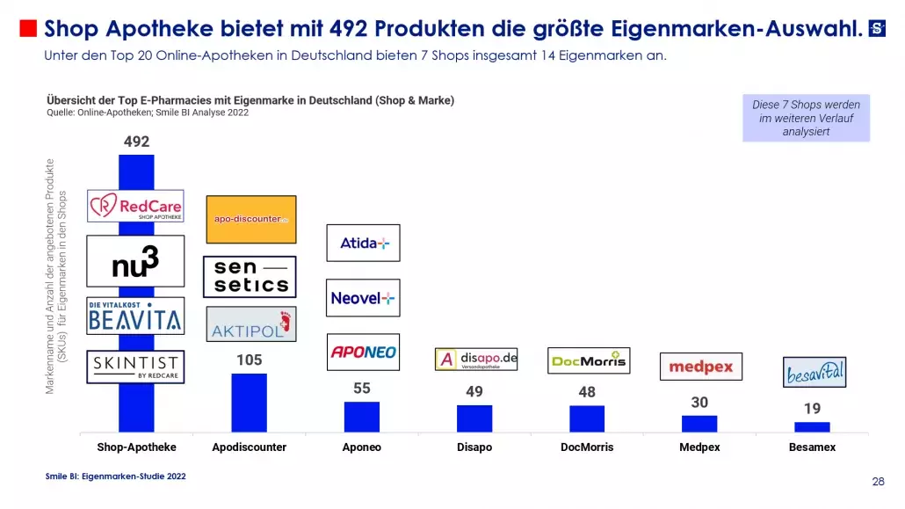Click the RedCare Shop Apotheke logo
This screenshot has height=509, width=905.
tap(135, 206)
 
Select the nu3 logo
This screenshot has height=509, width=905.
tap(135, 261)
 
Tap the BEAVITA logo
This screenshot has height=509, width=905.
tap(135, 316)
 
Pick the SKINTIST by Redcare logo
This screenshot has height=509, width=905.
tap(135, 367)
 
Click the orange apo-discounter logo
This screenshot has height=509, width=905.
tap(250, 220)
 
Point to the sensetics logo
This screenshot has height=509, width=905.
tap(250, 277)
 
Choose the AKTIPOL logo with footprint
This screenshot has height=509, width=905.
tap(250, 324)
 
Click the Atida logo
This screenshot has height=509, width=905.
tap(363, 243)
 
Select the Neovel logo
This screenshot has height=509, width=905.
tap(363, 298)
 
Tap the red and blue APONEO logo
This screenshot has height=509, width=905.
tap(363, 352)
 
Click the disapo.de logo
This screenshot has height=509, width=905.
tap(476, 360)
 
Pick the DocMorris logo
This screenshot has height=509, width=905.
tap(589, 360)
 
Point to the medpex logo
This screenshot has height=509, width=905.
tap(700, 367)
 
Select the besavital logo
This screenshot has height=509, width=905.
tap(814, 372)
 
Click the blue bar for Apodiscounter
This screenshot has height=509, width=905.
tap(250, 403)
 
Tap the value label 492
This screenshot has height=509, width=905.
tap(136, 142)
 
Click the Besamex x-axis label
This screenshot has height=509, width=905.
tap(812, 447)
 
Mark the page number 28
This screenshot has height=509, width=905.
tap(878, 482)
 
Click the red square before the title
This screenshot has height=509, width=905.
tap(28, 29)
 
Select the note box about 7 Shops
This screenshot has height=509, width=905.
tap(806, 118)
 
